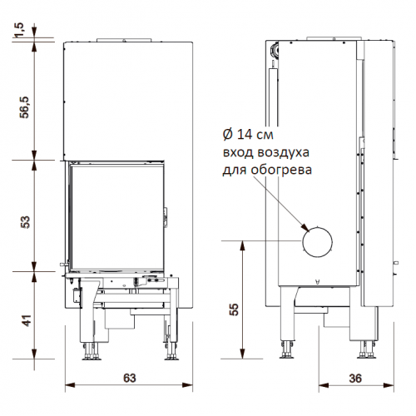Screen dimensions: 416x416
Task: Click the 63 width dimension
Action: tap(129, 377)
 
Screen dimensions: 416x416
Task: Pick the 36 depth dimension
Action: tap(355, 377)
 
